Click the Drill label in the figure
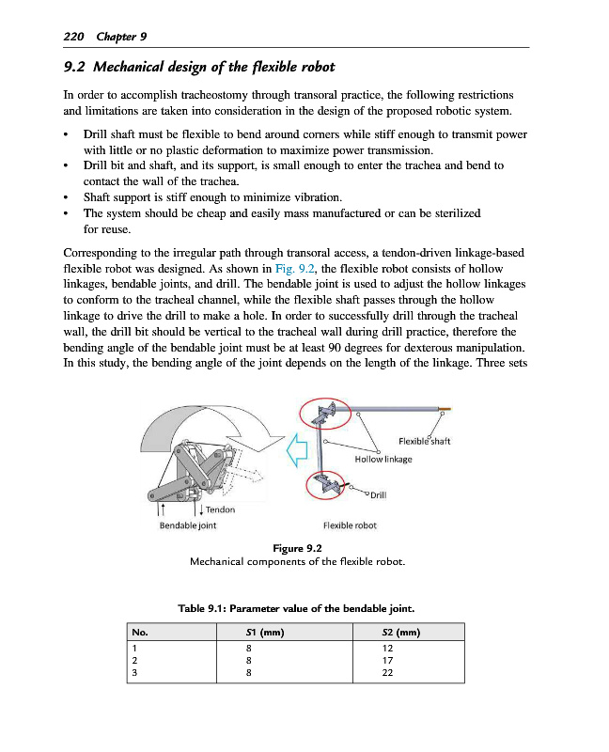click(379, 494)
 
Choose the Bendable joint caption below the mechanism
click(188, 525)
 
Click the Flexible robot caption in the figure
click(349, 525)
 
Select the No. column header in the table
click(141, 633)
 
